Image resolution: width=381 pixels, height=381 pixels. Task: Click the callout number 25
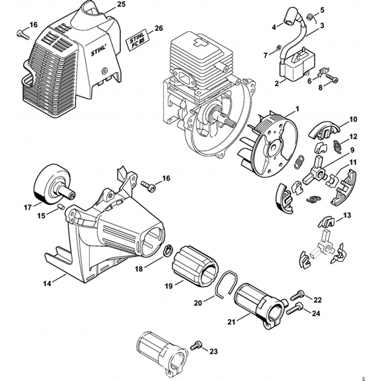121,5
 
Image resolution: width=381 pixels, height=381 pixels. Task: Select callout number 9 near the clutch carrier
352,149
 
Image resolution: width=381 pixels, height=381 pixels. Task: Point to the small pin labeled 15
60,206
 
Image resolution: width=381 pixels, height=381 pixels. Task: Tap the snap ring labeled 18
168,251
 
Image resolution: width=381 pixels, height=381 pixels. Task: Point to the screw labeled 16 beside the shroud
23,34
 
